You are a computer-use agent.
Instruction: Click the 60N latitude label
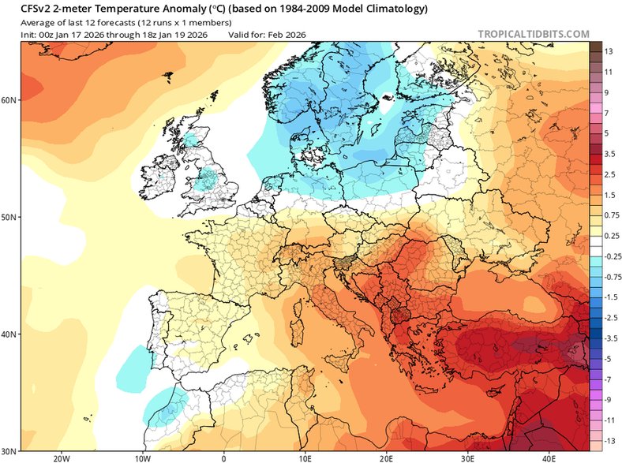coord(9,100)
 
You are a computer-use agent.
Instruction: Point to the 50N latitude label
coord(9,217)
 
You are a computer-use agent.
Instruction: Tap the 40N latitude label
coord(9,334)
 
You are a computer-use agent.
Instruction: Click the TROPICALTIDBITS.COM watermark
coord(534,34)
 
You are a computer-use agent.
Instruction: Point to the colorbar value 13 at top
coord(609,51)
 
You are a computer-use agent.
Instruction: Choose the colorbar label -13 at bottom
coord(609,440)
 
